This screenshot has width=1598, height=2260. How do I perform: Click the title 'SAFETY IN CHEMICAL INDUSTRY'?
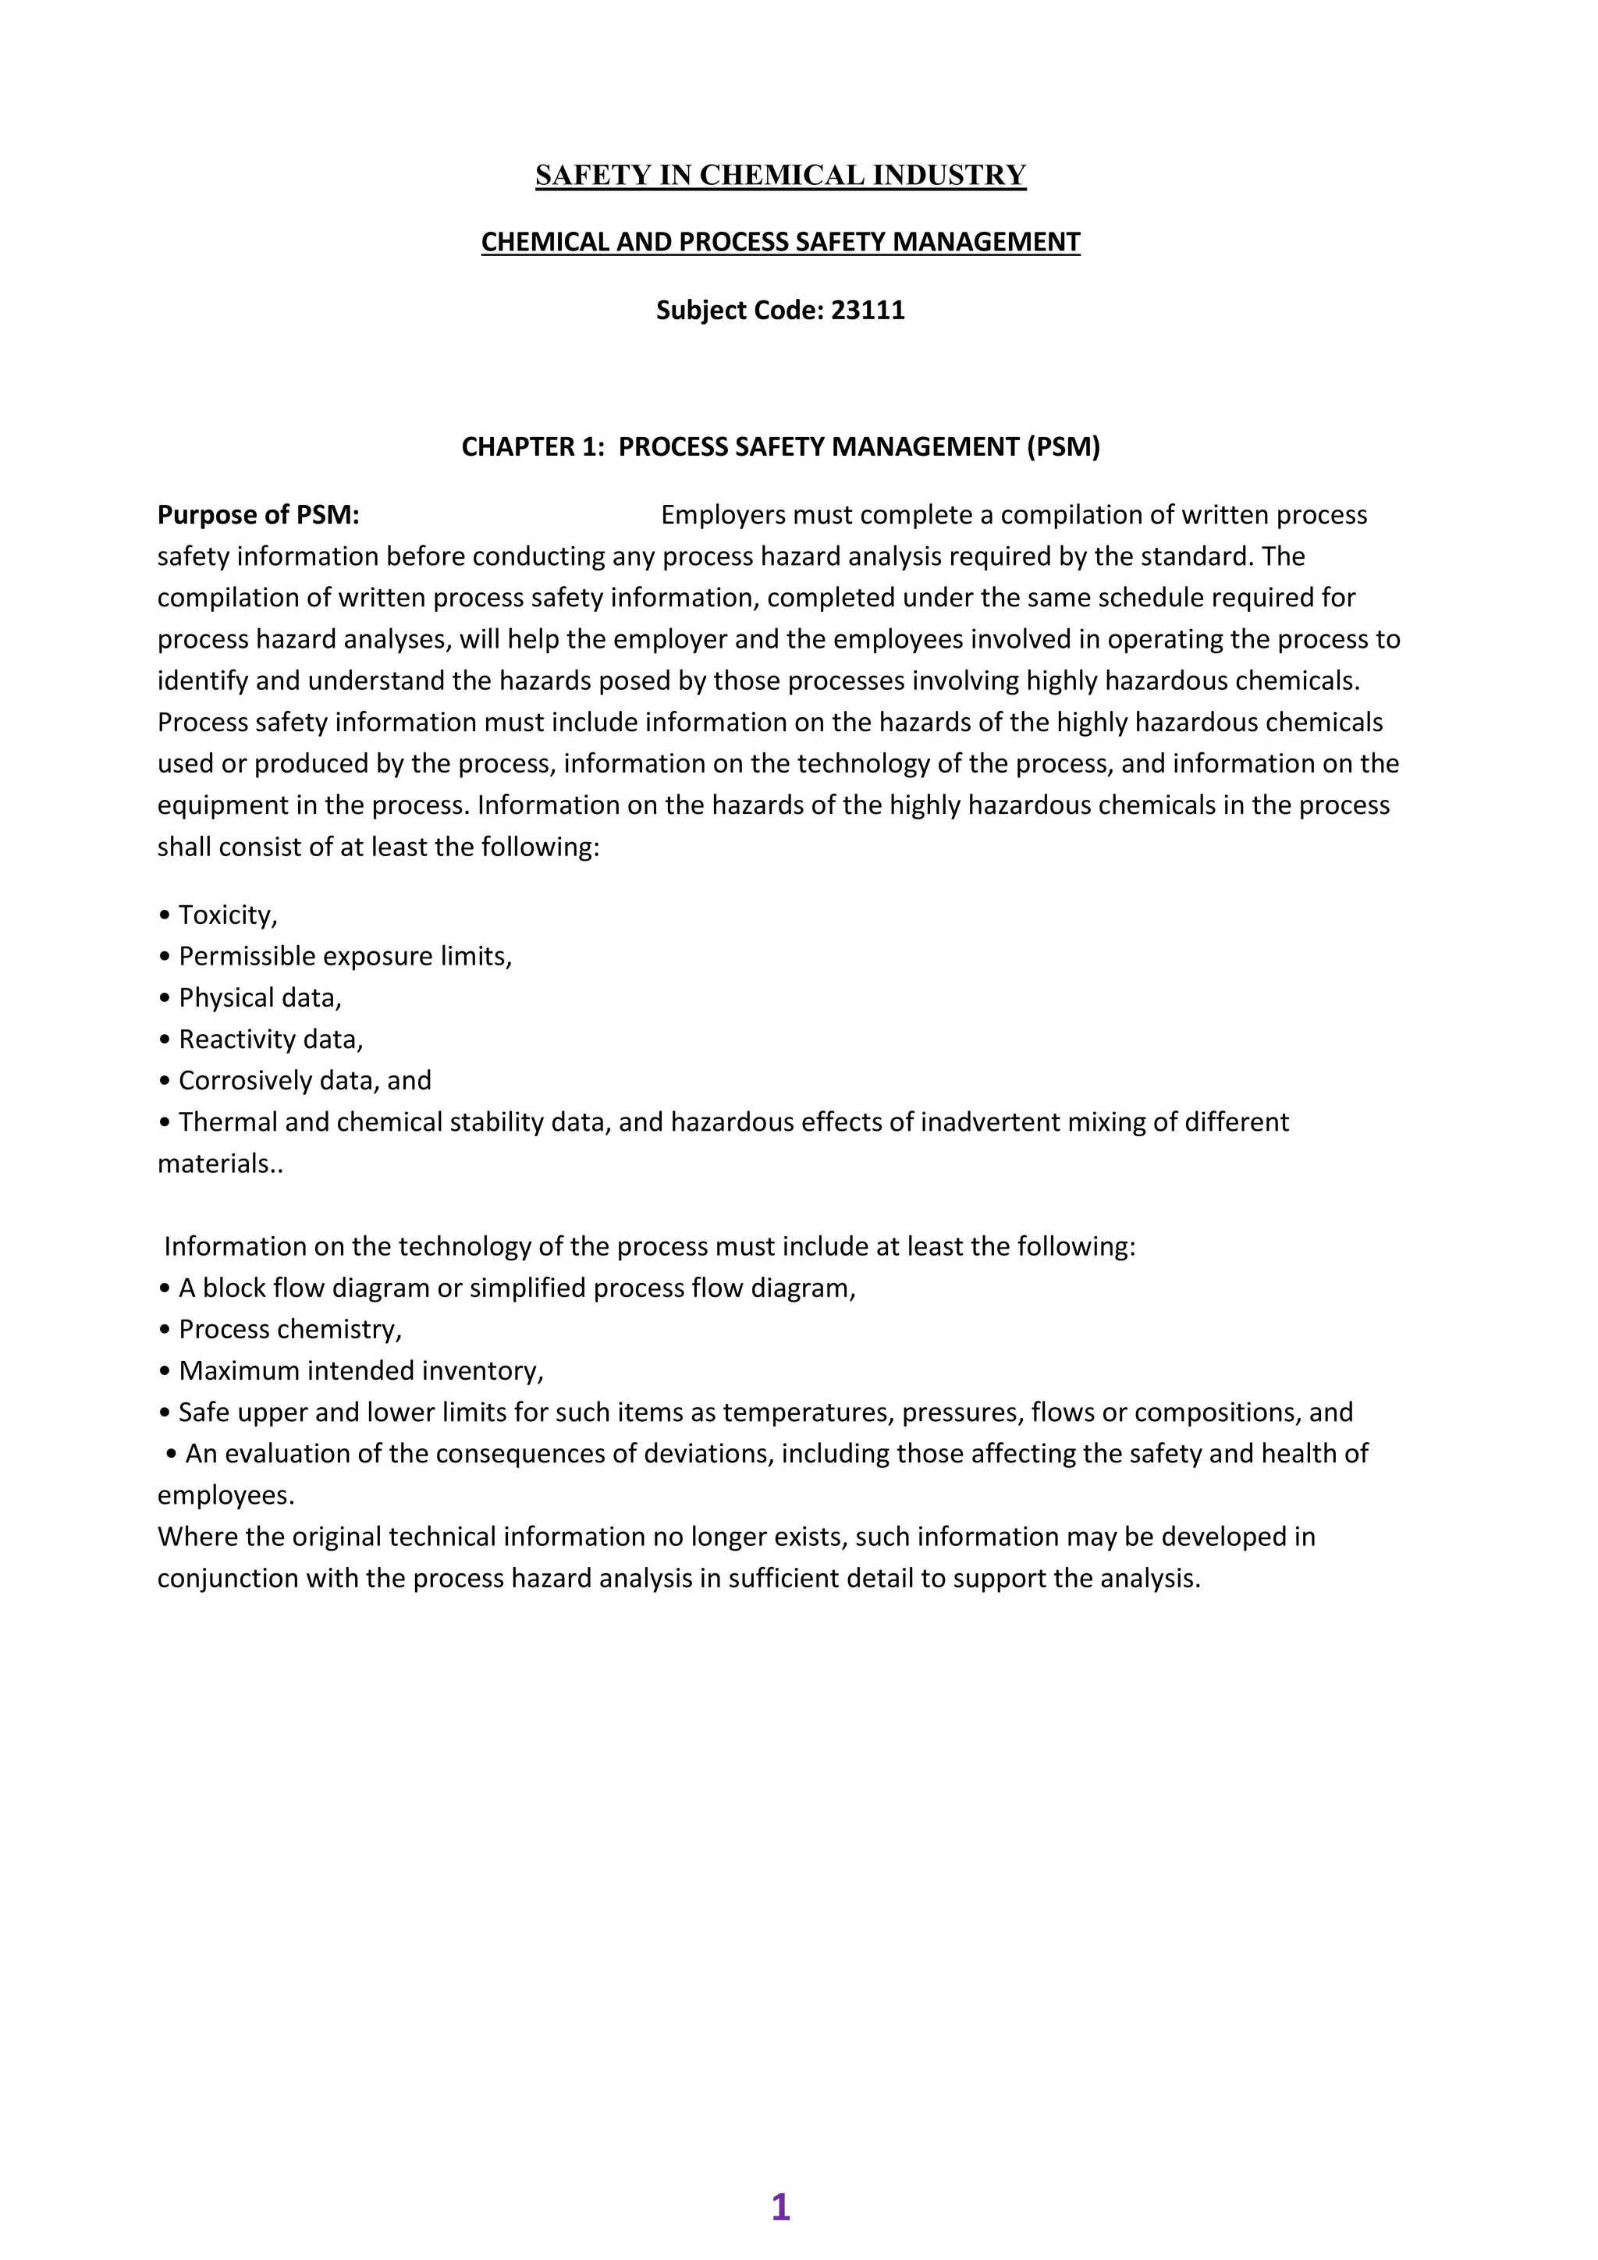(x=780, y=176)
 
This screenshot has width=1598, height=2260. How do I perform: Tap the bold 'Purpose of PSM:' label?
(x=257, y=515)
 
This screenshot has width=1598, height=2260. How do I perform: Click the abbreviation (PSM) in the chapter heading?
(x=1063, y=447)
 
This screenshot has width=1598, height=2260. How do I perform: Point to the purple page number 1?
(x=780, y=2207)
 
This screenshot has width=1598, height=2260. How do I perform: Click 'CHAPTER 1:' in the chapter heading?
(x=532, y=447)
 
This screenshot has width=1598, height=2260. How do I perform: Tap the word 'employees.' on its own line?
(x=226, y=1495)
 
